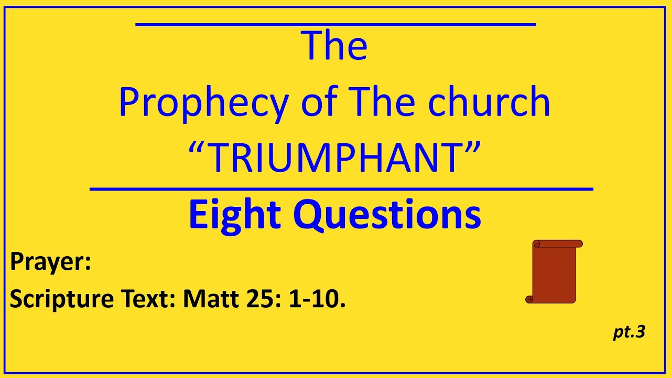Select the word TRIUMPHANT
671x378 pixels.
(335, 157)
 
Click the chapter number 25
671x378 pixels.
(260, 299)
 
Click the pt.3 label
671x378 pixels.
(629, 332)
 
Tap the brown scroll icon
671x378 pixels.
(554, 271)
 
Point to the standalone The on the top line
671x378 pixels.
(334, 45)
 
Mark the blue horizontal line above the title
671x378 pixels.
(335, 24)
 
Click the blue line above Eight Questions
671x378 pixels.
(341, 189)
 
